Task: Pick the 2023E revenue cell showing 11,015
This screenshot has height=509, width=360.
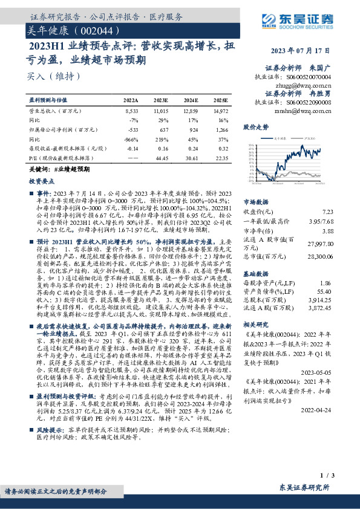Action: coord(160,111)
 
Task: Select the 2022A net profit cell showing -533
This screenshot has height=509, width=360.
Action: coord(131,129)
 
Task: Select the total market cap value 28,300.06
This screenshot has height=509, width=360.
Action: coord(321,256)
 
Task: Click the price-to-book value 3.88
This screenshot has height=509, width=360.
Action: coord(328,230)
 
